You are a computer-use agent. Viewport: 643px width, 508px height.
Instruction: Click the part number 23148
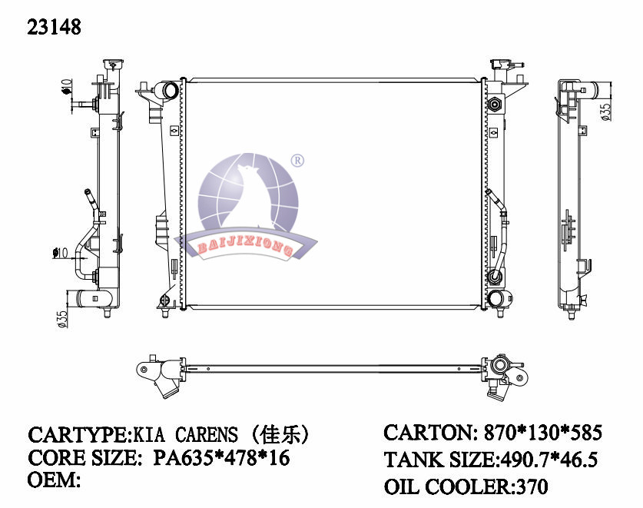(x=54, y=27)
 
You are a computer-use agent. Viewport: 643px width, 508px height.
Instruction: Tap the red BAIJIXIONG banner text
(x=245, y=247)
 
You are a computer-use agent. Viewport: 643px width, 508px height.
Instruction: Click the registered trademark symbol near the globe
(x=297, y=161)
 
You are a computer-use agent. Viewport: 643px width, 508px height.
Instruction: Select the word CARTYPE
(x=78, y=435)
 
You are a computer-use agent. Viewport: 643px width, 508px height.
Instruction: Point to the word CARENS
(x=207, y=435)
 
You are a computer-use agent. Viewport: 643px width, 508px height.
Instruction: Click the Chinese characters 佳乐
(x=280, y=435)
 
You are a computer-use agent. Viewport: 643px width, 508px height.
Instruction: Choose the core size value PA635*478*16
(x=221, y=457)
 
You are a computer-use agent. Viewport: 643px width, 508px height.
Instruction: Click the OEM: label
(x=54, y=480)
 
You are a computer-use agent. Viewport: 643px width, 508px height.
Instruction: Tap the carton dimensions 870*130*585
(x=543, y=432)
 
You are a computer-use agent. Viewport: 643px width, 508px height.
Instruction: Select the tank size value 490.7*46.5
(x=548, y=459)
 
